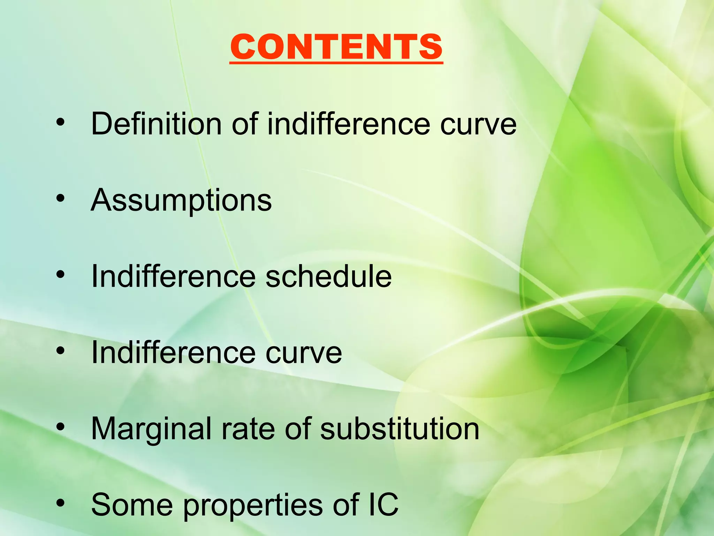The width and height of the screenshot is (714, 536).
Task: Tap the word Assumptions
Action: (181, 200)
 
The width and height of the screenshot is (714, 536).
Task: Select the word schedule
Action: (328, 276)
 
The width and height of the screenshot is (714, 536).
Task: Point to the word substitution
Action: (400, 429)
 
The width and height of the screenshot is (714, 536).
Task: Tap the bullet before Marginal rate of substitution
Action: (60, 427)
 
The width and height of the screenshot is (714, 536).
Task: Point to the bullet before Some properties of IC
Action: (60, 503)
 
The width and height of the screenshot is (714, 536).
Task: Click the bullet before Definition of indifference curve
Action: (60, 122)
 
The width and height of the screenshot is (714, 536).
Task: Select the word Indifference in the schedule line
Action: (173, 276)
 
